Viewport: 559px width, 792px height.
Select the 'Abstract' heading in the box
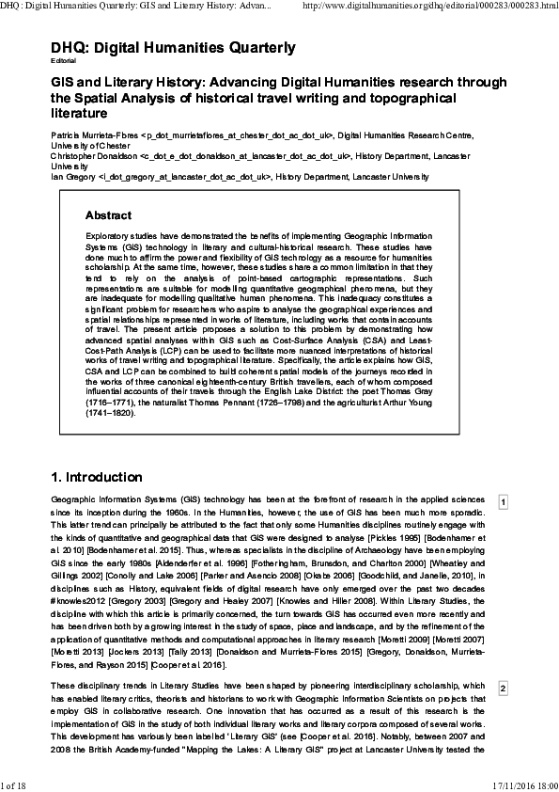115,215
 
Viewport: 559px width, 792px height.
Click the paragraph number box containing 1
504,502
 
